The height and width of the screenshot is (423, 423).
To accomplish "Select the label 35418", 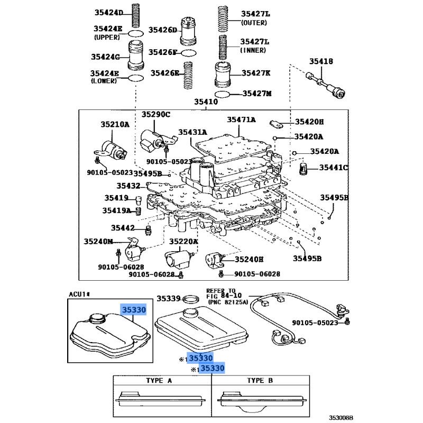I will click(x=321, y=62).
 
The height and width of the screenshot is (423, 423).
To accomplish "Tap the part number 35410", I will click(x=206, y=102).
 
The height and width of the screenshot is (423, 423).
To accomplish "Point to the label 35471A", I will click(x=241, y=120).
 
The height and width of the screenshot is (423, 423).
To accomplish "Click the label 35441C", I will click(x=333, y=168).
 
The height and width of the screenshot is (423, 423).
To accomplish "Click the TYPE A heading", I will click(x=159, y=381).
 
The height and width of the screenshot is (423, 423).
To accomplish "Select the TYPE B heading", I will click(x=260, y=381).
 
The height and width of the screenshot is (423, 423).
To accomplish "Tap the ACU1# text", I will click(x=79, y=294).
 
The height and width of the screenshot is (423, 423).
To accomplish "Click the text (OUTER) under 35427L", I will click(x=255, y=23).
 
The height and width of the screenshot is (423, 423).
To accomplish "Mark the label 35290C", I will click(x=155, y=115).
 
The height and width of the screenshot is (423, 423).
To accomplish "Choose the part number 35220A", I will click(x=183, y=241).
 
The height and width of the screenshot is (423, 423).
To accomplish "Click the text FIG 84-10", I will click(x=225, y=296).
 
